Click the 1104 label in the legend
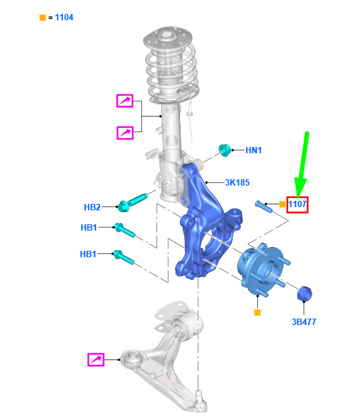click(x=64, y=17)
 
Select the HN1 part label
click(x=254, y=150)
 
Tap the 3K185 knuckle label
click(x=237, y=182)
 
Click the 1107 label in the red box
click(x=297, y=204)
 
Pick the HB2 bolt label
click(x=93, y=207)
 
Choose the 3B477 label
click(x=304, y=322)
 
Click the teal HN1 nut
click(x=224, y=150)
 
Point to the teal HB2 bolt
click(x=132, y=202)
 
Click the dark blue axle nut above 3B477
click(x=304, y=293)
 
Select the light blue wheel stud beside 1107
click(x=263, y=206)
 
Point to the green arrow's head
click(x=300, y=187)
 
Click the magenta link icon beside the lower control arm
click(x=96, y=360)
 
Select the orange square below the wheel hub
click(x=257, y=312)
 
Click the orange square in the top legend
click(x=42, y=18)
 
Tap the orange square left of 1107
click(x=282, y=204)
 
